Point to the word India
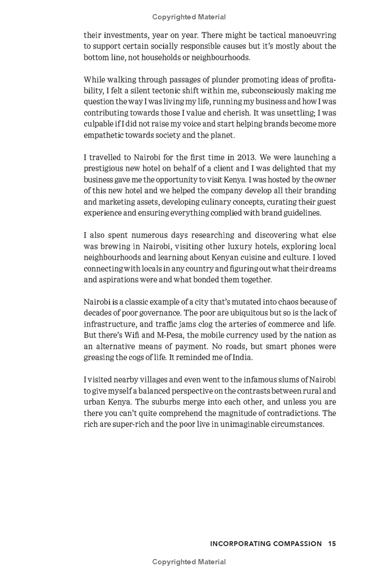click(x=242, y=357)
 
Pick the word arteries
click(x=246, y=324)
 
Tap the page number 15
click(x=332, y=543)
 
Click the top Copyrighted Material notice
click(x=189, y=17)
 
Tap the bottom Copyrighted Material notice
click(x=189, y=562)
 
